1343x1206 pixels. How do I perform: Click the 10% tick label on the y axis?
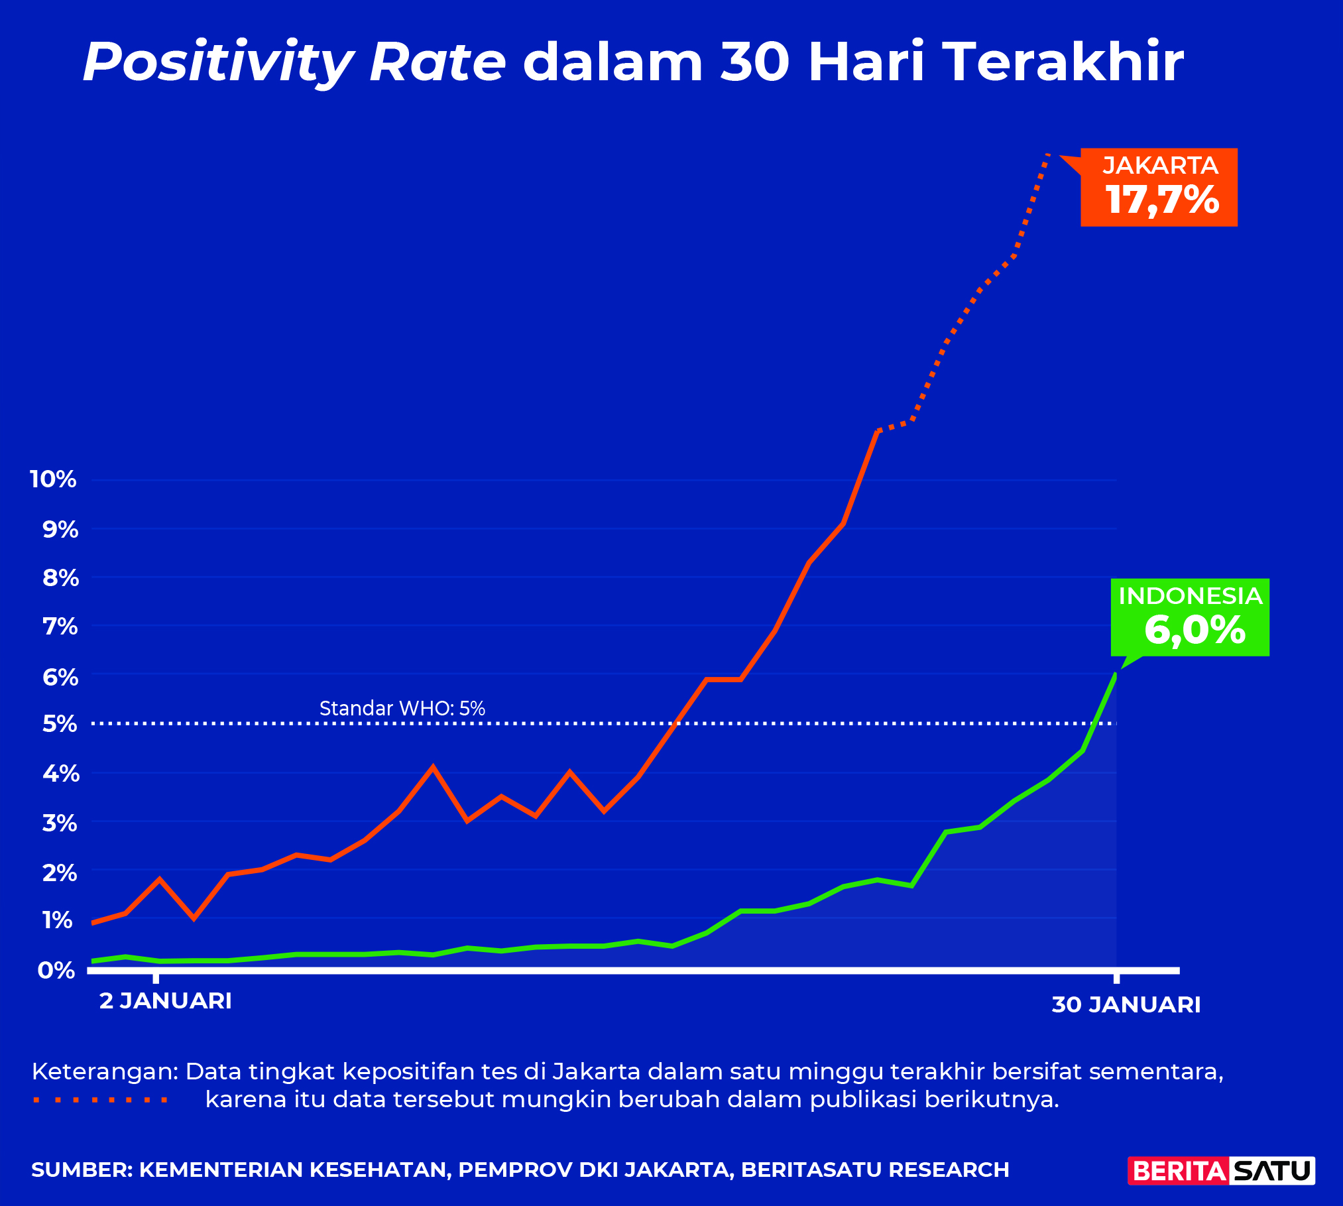53,479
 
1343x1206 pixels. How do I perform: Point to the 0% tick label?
56,970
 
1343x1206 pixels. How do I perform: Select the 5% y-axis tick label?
60,723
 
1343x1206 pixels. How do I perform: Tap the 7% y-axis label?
60,626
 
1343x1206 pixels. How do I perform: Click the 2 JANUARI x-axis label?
165,1000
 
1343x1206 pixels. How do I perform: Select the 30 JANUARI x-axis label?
1126,1004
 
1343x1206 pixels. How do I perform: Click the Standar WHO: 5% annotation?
402,708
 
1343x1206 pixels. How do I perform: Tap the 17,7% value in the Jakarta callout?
1162,200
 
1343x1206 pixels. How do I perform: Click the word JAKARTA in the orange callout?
1160,165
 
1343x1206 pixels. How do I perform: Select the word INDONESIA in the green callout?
1190,596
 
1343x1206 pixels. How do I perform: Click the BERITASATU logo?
1221,1170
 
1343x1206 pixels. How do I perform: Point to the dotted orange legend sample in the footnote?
101,1100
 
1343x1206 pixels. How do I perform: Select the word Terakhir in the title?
1063,62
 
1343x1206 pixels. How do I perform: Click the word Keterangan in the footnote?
103,1071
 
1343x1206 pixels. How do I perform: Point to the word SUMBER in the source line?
81,1170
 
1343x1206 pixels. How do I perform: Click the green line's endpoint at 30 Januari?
1116,675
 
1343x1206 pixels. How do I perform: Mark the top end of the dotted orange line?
1047,154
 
